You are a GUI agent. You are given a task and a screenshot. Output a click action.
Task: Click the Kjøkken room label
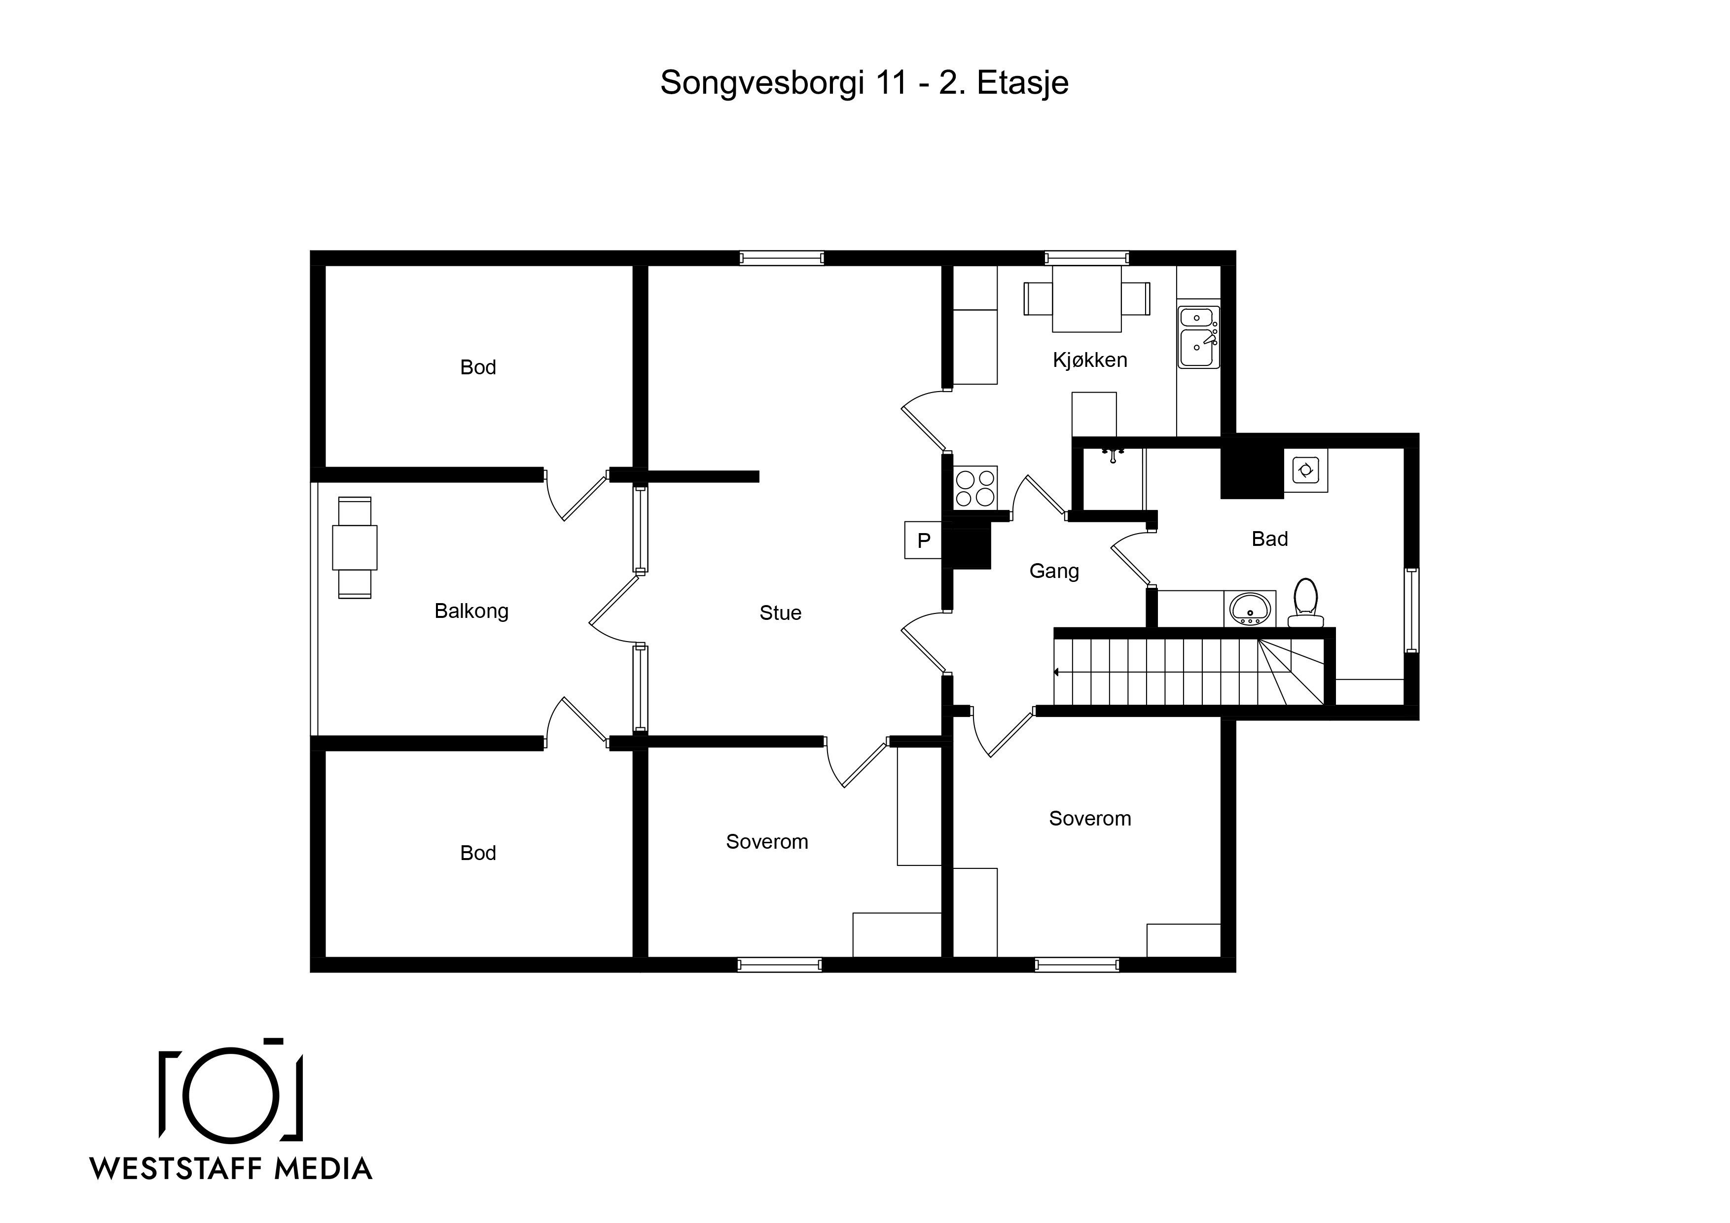pos(1089,360)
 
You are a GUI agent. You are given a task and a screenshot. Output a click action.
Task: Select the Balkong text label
pos(471,611)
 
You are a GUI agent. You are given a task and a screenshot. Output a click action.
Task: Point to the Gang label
pos(1054,571)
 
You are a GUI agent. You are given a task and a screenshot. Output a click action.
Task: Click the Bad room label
pos(1269,539)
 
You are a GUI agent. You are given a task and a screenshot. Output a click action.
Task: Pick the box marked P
pos(924,540)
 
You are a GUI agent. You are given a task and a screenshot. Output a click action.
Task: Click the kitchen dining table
pos(1086,299)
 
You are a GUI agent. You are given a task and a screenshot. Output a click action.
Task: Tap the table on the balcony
pos(354,548)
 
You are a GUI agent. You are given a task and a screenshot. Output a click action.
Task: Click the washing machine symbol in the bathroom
pos(1306,471)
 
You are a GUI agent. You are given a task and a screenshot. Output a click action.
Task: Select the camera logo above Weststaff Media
pos(231,1090)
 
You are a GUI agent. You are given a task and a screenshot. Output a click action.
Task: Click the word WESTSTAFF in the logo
pos(176,1169)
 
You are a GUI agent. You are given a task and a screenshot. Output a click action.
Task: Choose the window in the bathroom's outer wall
pos(1412,610)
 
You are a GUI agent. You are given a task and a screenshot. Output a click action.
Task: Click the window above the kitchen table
pos(1086,258)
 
